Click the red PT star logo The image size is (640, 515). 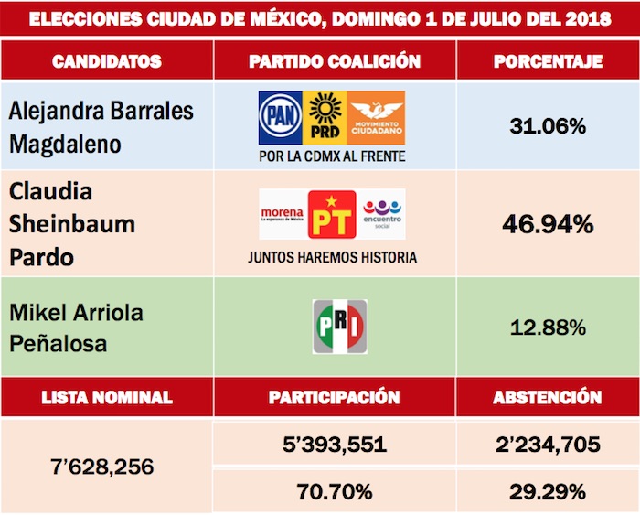pos(331,214)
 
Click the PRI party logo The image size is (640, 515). pos(339,327)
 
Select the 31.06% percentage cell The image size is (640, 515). pos(547,126)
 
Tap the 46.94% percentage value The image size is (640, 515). pos(547,223)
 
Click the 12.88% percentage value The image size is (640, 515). pos(547,327)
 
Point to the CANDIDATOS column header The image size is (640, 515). pos(107,62)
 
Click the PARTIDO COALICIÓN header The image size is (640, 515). pos(335,62)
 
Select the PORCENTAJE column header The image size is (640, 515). pos(548,62)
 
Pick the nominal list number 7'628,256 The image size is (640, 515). pos(107,467)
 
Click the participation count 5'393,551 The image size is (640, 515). pos(335,445)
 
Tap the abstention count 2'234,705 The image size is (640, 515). pos(548,445)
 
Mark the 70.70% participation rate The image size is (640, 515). pos(335,491)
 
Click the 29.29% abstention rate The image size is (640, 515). pos(548,491)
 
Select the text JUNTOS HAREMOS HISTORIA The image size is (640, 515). pos(332,258)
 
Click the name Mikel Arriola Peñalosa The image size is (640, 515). pos(73,327)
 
